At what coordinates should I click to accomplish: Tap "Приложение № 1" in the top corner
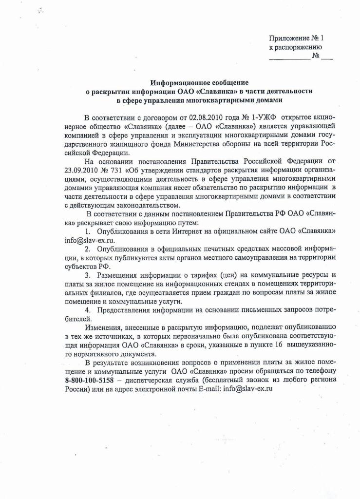click(x=296, y=38)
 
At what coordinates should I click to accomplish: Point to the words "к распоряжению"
click(x=296, y=47)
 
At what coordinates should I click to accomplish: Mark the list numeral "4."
click(x=88, y=310)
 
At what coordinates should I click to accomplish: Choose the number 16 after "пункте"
click(x=279, y=345)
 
